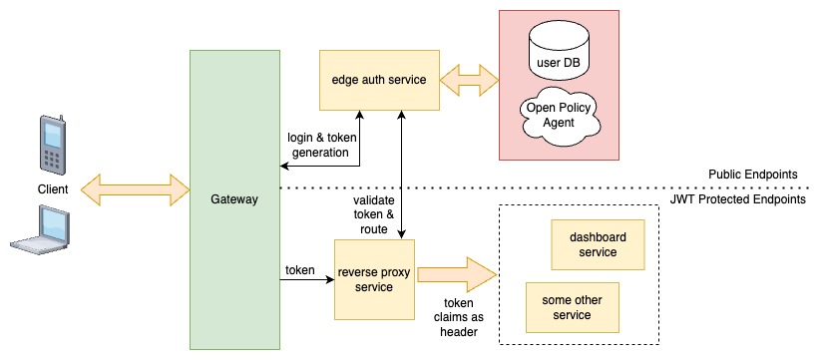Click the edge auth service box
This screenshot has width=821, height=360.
click(x=379, y=79)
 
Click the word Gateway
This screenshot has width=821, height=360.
click(x=234, y=199)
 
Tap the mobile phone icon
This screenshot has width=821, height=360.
click(x=50, y=146)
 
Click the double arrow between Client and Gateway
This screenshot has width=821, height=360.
click(x=135, y=186)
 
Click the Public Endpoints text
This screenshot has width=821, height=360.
click(x=752, y=174)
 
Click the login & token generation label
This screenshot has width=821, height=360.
click(x=317, y=145)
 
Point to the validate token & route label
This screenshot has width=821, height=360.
click(x=373, y=213)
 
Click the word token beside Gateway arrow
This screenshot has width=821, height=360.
click(x=300, y=269)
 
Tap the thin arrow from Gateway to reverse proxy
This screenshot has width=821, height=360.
click(x=304, y=281)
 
